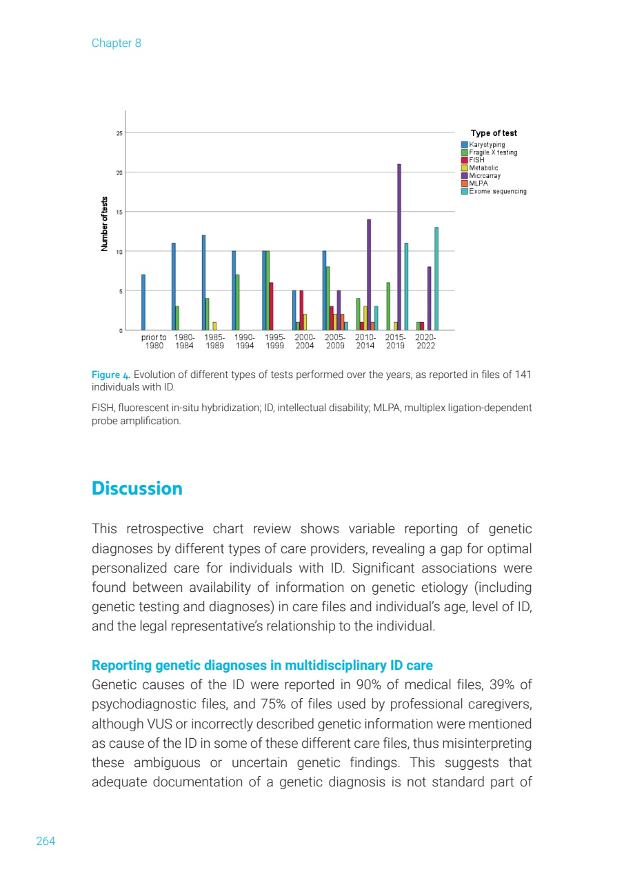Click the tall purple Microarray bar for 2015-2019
click(x=399, y=247)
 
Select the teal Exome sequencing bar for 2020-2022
click(x=436, y=279)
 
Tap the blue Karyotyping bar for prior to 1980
click(x=143, y=302)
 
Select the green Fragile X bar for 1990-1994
click(x=238, y=302)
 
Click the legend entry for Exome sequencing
click(x=497, y=191)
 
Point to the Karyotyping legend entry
click(x=487, y=145)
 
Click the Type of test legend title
click(x=494, y=133)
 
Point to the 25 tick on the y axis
click(x=119, y=133)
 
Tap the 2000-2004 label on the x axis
click(x=305, y=341)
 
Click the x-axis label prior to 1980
click(x=154, y=341)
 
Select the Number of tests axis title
click(x=105, y=223)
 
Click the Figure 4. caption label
click(x=110, y=375)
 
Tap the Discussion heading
click(x=137, y=488)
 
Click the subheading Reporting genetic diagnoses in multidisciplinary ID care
click(x=262, y=666)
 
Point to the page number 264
click(x=46, y=841)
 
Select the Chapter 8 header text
click(x=116, y=43)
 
